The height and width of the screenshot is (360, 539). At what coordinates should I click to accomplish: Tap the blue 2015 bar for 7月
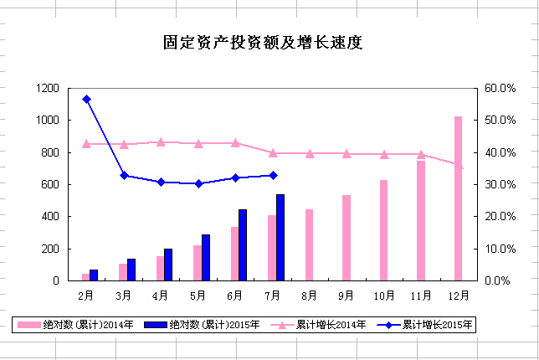(280, 238)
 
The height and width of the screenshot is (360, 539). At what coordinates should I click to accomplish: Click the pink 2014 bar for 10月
(383, 230)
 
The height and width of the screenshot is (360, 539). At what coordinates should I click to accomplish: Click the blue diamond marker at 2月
(86, 99)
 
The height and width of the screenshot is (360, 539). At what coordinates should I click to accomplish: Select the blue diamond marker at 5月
(198, 183)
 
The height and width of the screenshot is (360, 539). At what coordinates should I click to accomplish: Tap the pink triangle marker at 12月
(458, 166)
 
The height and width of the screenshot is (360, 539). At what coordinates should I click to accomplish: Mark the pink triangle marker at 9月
(346, 153)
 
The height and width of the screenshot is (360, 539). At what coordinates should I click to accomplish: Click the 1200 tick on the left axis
(47, 89)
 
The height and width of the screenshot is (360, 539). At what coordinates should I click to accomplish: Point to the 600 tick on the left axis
(49, 185)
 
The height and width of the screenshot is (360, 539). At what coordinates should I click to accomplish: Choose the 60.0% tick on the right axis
(500, 89)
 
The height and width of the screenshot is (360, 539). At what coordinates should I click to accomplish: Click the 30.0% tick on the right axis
(500, 185)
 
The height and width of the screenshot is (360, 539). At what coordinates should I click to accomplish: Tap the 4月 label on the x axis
(161, 296)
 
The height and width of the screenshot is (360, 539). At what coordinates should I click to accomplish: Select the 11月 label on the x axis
(421, 296)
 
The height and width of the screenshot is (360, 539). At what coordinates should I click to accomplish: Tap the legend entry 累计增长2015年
(427, 324)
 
